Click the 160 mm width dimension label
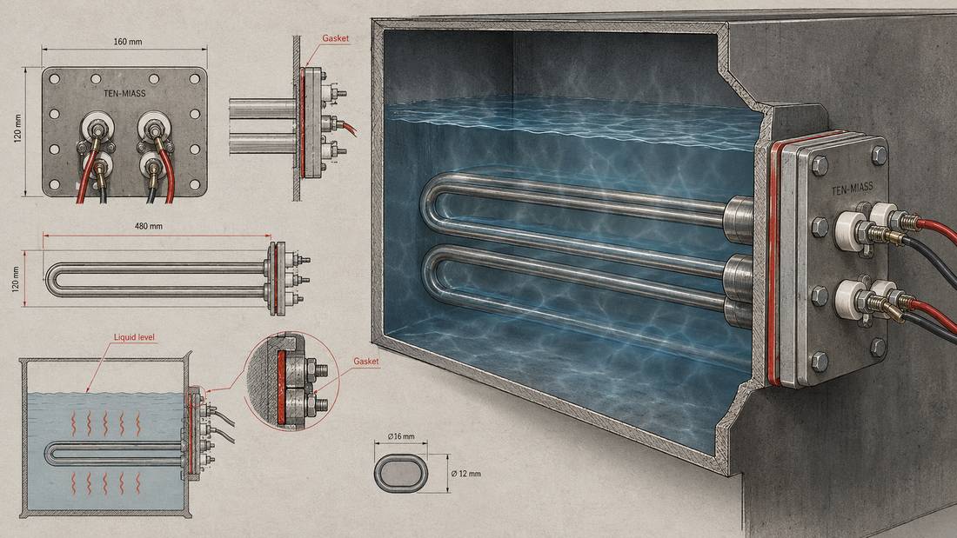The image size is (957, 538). (128, 42)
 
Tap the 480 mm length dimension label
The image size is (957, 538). (148, 226)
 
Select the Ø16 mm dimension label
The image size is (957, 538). (401, 436)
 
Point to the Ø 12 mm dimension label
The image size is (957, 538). (465, 474)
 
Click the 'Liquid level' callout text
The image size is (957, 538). (134, 337)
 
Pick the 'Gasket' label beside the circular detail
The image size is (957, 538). (366, 361)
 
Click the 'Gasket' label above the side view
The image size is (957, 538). (336, 38)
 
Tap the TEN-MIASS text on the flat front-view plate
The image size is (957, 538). (125, 94)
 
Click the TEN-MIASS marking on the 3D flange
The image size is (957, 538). (852, 189)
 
